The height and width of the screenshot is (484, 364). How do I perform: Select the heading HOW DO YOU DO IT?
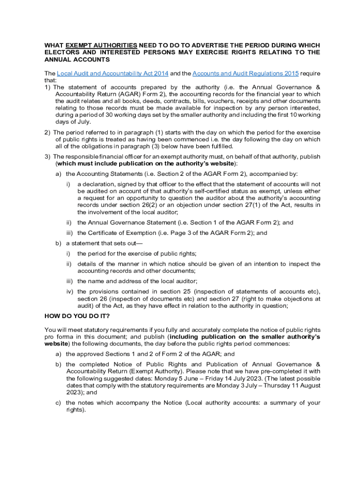pyautogui.click(x=77, y=316)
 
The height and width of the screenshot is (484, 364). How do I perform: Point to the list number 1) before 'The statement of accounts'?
pyautogui.click(x=48, y=87)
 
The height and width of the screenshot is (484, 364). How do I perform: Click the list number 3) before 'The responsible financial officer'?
pyautogui.click(x=48, y=156)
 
